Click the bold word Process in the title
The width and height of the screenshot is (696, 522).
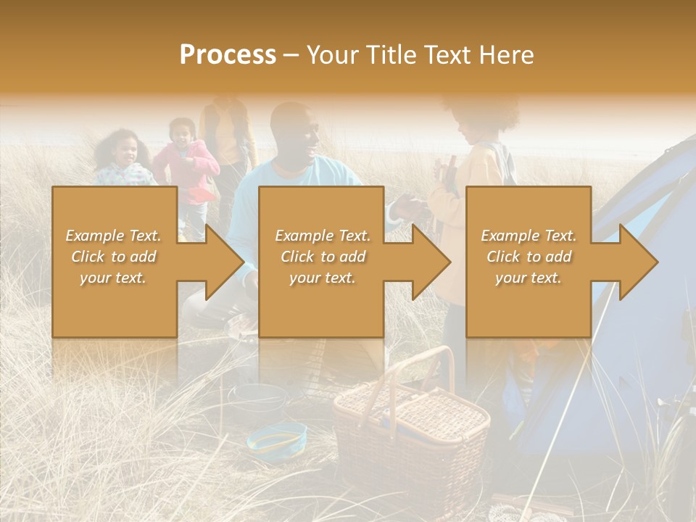228,55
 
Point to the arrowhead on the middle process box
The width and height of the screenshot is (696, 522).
430,262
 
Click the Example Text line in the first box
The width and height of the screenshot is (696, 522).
114,236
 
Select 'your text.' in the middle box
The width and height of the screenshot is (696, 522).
322,277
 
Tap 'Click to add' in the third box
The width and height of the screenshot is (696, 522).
529,257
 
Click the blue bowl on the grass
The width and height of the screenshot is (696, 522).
277,438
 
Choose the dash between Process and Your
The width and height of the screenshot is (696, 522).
291,55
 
